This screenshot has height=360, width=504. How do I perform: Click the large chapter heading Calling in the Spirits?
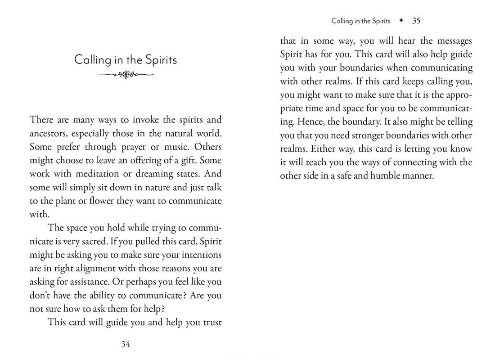click(x=126, y=60)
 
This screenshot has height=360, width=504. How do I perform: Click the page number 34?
click(x=126, y=344)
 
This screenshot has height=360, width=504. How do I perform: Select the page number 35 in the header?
click(x=416, y=21)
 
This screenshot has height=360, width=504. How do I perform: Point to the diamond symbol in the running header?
click(x=400, y=21)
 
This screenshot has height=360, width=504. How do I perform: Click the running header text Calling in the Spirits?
click(x=361, y=21)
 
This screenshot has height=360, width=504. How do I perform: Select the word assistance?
click(x=88, y=282)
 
